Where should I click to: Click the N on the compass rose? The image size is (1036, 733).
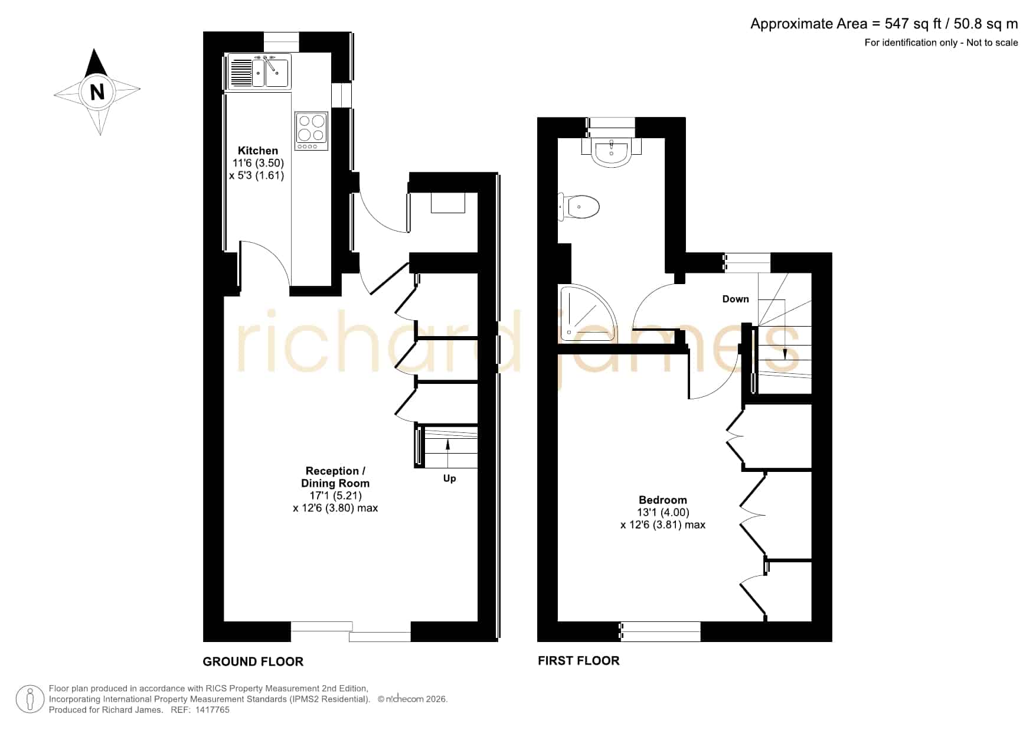97,92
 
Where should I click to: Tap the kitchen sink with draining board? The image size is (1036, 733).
259,71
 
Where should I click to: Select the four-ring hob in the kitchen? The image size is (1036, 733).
311,131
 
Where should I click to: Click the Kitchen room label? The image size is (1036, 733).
257,151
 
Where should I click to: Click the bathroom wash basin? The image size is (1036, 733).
611,151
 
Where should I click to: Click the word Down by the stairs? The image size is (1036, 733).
736,299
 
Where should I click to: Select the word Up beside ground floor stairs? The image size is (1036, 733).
449,478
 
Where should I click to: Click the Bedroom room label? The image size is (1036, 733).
662,500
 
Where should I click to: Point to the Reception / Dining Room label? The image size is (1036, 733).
335,477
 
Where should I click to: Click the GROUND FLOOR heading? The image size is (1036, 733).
253,662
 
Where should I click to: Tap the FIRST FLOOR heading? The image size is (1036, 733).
579,660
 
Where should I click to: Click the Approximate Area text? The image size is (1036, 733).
884,24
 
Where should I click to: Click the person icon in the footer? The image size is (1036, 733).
30,699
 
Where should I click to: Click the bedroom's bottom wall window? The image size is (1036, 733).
660,631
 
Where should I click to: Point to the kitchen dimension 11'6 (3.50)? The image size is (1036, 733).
258,163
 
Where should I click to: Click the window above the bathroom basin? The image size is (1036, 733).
611,122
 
